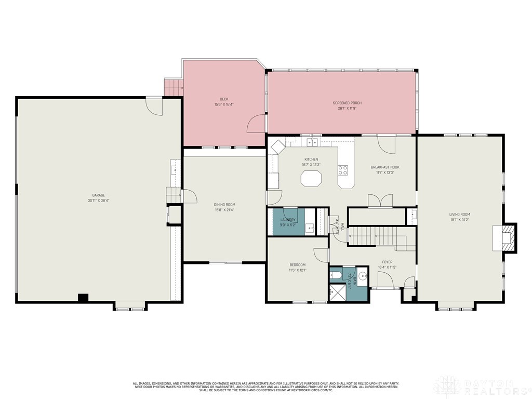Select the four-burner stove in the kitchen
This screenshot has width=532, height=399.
tap(343, 170)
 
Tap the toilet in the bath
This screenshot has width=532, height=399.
tap(335, 275)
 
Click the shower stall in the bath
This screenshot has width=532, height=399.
tap(337, 293)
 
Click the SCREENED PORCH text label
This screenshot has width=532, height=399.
tap(347, 103)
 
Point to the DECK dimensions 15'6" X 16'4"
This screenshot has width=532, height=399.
tap(224, 104)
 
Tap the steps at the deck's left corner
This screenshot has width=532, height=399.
tap(174, 88)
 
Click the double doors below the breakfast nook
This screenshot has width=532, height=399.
tap(380, 202)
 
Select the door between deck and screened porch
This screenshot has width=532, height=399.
tap(257, 125)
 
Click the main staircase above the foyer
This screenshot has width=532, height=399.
tap(382, 236)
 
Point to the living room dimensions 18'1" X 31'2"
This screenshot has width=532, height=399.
tap(460, 220)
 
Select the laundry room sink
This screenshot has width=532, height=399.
tap(309, 227)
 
